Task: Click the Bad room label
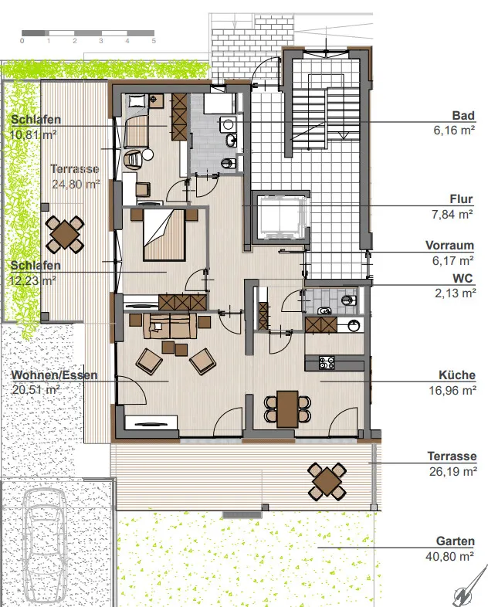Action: point(463,116)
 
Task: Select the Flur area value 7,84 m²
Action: point(452,214)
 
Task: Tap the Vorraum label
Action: point(449,246)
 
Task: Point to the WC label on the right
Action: point(463,278)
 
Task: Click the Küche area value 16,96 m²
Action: point(452,391)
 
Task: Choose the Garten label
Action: point(455,541)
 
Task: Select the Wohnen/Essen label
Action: point(54,375)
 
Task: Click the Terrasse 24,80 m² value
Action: point(76,185)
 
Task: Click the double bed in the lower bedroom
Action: point(164,235)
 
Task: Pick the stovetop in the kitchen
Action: point(327,363)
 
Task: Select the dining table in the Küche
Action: point(287,409)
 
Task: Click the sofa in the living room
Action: point(170,326)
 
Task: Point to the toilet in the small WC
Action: point(350,300)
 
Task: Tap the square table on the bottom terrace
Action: point(327,482)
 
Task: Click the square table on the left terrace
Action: point(65,234)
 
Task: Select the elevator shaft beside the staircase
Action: point(280,218)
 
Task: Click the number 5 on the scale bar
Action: point(154,41)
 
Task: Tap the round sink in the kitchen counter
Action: point(354,325)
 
